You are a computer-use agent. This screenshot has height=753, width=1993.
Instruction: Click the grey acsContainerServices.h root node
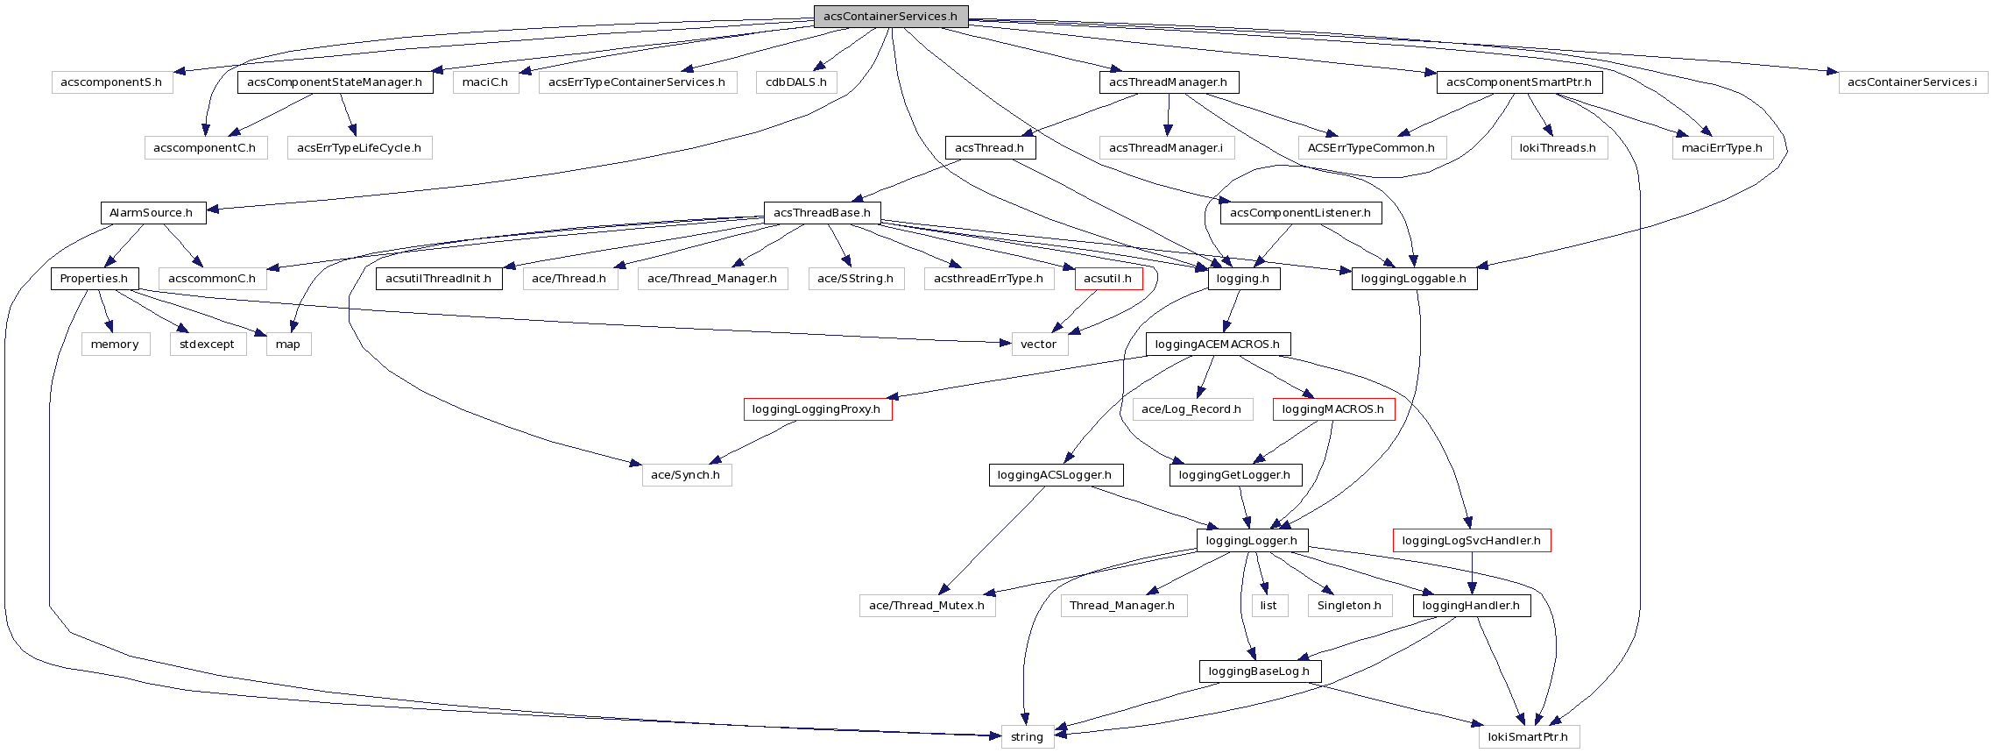click(890, 17)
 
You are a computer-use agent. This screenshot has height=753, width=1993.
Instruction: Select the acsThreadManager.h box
click(1168, 82)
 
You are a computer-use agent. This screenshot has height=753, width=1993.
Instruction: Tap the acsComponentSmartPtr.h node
click(1519, 82)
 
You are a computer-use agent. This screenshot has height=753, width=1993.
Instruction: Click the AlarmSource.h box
click(152, 213)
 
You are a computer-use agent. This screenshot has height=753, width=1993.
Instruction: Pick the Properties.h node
click(94, 279)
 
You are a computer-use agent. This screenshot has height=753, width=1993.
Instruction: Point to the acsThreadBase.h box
click(822, 213)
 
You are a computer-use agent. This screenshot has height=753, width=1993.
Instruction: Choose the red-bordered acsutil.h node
click(1108, 279)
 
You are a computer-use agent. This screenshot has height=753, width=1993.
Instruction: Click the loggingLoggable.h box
click(1414, 279)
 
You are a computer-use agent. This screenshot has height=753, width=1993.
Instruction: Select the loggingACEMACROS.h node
click(1218, 345)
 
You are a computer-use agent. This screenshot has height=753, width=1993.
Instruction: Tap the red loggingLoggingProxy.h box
click(816, 409)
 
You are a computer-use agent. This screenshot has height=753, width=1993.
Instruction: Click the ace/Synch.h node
click(686, 475)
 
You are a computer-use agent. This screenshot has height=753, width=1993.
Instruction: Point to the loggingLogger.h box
click(1252, 541)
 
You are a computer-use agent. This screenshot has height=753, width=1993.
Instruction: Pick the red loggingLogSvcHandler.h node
click(1471, 541)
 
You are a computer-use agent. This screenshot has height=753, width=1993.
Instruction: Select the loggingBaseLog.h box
click(1259, 671)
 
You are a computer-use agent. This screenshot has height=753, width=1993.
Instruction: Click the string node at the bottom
click(1027, 737)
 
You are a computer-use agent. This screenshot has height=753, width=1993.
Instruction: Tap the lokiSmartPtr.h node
click(1529, 737)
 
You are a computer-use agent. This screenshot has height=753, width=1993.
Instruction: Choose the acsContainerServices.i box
click(1912, 82)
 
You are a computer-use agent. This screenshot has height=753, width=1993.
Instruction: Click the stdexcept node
click(207, 345)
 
